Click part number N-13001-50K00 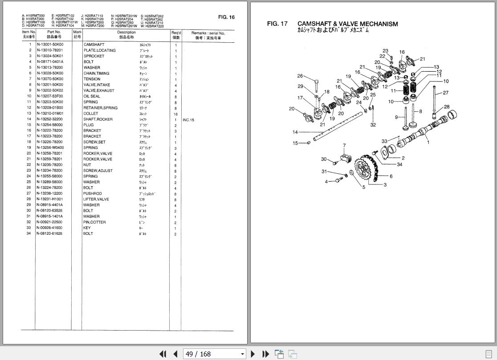click(50, 45)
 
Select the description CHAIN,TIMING click(96, 74)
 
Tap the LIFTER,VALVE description click(96, 199)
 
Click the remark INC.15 click(188, 120)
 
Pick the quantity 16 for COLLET click(175, 114)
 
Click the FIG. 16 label click(226, 17)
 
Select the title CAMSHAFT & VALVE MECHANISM click(347, 24)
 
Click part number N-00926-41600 click(49, 228)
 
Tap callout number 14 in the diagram click(295, 132)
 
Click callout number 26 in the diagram click(300, 76)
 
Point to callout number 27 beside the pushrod click(445, 93)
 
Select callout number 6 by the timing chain click(391, 176)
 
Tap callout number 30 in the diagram click(324, 160)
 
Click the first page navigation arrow click(163, 354)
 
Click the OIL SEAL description click(92, 96)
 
